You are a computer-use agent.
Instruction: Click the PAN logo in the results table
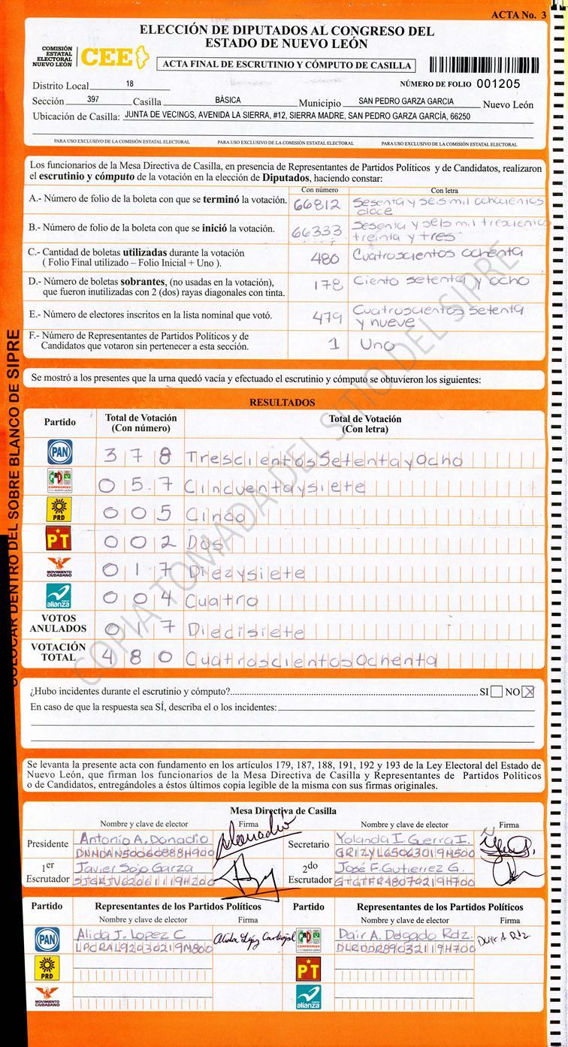pyautogui.click(x=59, y=451)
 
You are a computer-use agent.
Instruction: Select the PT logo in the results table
pyautogui.click(x=59, y=538)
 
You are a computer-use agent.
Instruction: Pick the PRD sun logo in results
pyautogui.click(x=59, y=509)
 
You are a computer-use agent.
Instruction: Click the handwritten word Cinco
pyautogui.click(x=215, y=516)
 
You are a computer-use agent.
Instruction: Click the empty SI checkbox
pyautogui.click(x=497, y=692)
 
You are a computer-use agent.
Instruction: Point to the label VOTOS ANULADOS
pyautogui.click(x=58, y=623)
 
